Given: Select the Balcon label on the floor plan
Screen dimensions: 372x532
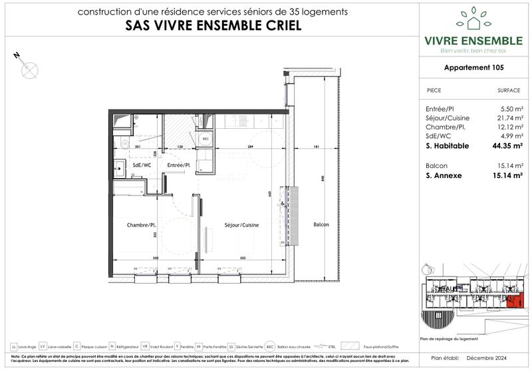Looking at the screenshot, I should click(x=322, y=224).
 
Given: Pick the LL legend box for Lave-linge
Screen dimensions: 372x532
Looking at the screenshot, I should click(x=15, y=346).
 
